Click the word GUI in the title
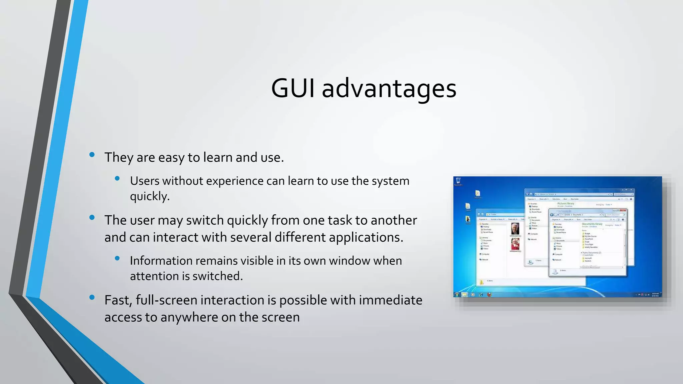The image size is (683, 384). (x=292, y=88)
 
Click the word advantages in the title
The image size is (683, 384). (x=389, y=89)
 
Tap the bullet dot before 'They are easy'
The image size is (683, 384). (x=92, y=154)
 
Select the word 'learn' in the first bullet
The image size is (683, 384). (x=218, y=157)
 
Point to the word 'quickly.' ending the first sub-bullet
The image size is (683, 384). (x=150, y=196)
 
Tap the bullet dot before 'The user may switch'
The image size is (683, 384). (x=92, y=218)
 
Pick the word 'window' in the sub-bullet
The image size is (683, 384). (x=349, y=261)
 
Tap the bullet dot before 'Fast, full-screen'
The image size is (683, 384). (x=92, y=297)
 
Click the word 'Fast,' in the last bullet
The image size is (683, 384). (x=118, y=300)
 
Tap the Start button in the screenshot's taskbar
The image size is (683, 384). (x=457, y=295)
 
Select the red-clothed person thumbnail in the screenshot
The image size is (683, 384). (x=515, y=244)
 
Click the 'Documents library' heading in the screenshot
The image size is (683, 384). (x=592, y=224)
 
